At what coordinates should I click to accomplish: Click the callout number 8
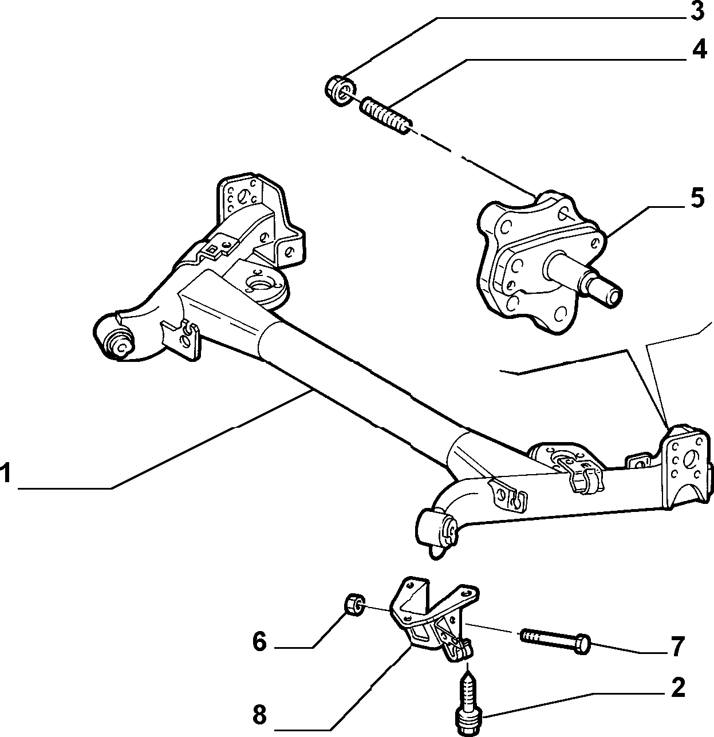coord(260,714)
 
